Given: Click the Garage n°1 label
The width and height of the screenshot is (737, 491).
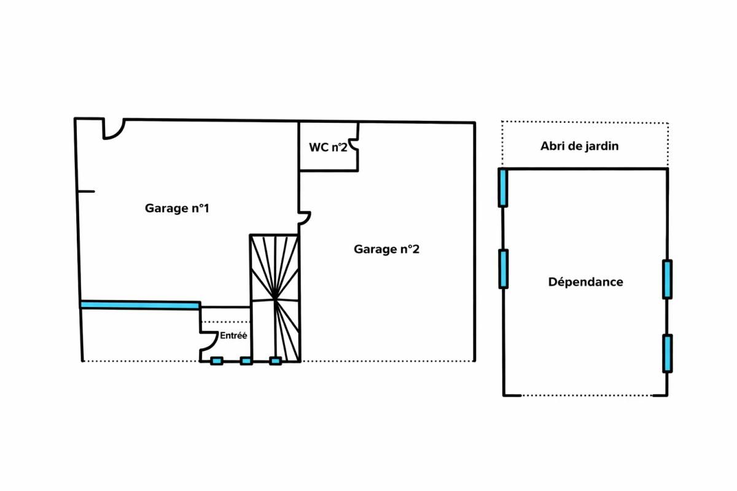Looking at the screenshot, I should coord(177,208).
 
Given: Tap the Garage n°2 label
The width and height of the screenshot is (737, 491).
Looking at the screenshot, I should coord(386,249).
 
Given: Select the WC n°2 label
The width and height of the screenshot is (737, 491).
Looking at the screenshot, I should coord(328,147).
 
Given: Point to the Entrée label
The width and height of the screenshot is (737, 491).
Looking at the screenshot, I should coord(233,336).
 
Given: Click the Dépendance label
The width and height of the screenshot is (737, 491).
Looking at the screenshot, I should coord(585,282).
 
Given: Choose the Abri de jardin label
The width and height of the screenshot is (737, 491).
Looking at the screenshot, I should coord(579,146).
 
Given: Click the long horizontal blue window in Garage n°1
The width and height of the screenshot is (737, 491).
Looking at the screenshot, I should coord(139,304).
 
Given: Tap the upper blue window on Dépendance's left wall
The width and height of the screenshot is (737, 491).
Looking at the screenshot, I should coord(502,188).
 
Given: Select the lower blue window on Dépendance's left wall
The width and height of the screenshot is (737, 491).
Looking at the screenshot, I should coord(503,269).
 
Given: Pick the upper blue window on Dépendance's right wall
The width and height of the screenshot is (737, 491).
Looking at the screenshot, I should coord(667,279).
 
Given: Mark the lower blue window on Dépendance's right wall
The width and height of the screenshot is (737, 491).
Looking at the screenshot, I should coord(667,353).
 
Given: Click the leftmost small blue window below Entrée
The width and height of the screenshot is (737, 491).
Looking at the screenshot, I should coord(216,361).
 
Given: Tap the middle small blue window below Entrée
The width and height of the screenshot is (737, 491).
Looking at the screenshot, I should coord(246,361).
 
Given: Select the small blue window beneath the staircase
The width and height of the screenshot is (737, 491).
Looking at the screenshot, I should coord(276,361).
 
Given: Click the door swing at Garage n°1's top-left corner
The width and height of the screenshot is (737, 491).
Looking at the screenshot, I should coord(113,129).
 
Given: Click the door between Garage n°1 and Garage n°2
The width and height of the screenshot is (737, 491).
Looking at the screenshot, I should coord(305,218).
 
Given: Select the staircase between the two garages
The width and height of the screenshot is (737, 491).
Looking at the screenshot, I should coord(275,298).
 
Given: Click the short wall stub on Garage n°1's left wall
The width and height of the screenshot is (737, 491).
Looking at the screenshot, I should coord(86,191).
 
